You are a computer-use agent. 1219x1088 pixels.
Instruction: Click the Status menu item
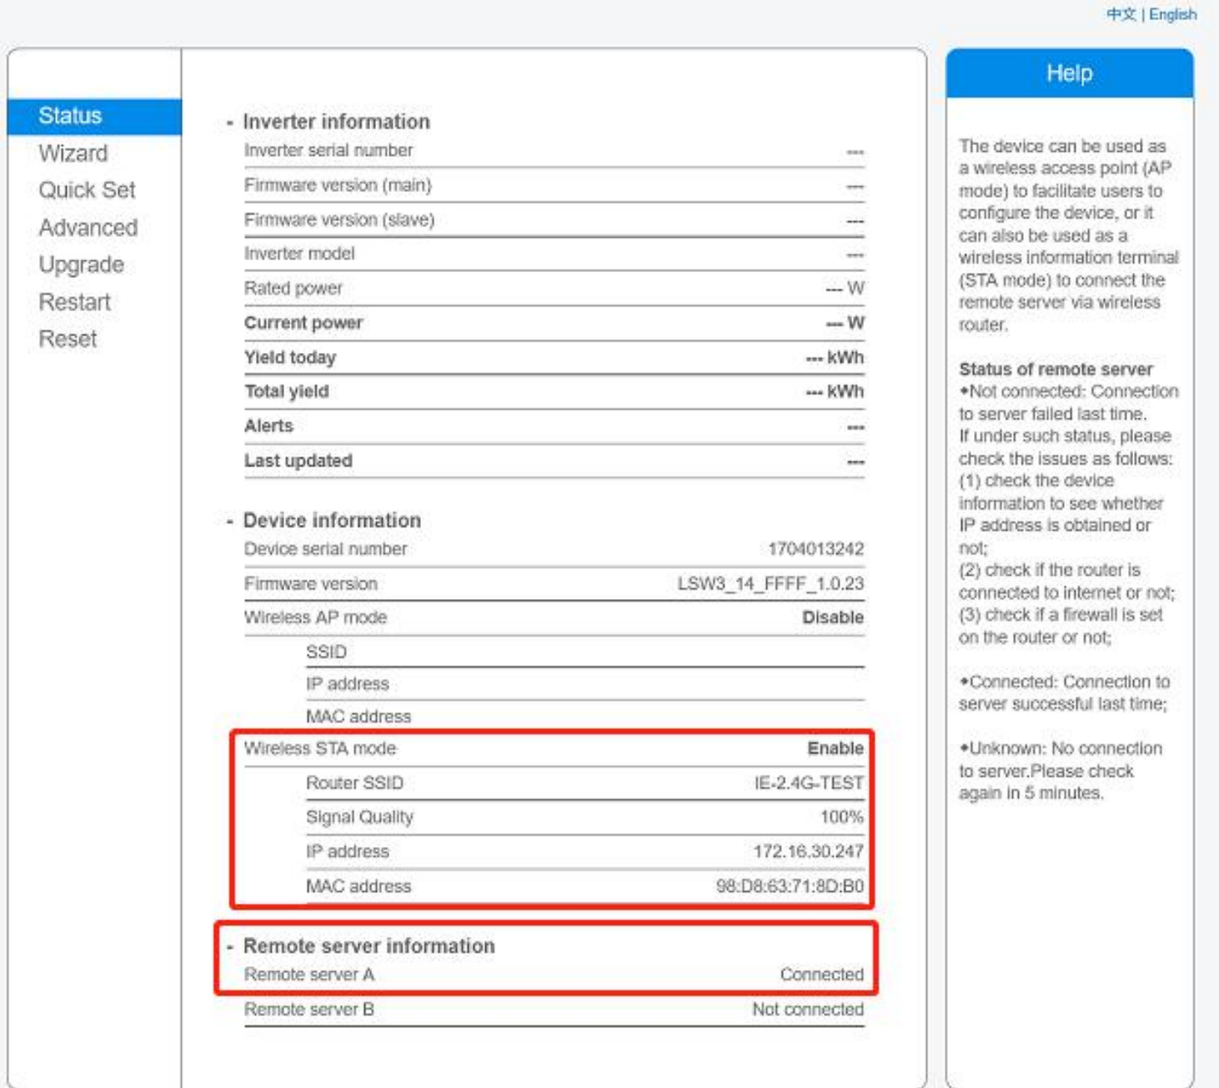click(70, 116)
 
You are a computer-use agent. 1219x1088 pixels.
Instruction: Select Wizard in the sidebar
click(73, 154)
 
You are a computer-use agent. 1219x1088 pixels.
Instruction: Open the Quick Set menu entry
click(87, 190)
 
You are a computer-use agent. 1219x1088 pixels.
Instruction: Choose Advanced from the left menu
click(88, 228)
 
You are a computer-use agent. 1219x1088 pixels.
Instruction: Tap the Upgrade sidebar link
click(82, 264)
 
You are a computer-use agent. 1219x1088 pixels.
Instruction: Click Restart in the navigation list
click(75, 302)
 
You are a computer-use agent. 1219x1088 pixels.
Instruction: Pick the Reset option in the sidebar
click(68, 339)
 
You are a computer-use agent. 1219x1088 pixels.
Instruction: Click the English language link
click(1172, 14)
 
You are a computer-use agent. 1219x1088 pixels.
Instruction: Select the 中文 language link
click(1121, 14)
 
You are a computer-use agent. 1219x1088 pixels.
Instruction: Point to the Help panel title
click(1069, 73)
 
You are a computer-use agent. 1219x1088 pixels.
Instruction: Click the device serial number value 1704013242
click(815, 549)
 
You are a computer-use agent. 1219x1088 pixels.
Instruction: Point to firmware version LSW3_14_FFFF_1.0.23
click(770, 583)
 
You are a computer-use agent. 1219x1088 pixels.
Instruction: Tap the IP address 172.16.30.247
click(808, 851)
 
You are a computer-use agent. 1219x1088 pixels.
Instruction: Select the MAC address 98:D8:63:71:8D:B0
click(790, 886)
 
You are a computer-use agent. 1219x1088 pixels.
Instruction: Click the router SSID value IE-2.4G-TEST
click(809, 783)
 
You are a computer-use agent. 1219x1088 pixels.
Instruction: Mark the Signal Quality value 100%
click(841, 817)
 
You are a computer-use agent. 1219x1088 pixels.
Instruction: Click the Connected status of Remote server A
click(821, 975)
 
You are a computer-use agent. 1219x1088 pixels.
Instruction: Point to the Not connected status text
click(807, 1010)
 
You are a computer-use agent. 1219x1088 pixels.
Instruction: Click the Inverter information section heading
click(336, 122)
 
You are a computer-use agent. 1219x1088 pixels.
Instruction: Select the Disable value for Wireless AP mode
click(832, 617)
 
